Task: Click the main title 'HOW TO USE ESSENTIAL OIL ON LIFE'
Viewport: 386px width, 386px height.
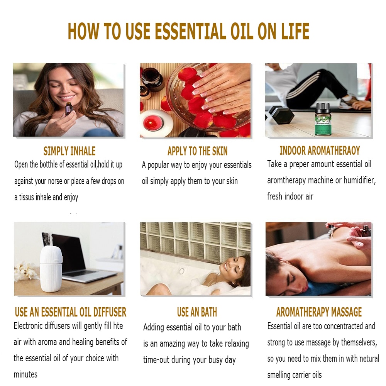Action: (188, 31)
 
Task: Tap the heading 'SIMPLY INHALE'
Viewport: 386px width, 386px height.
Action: (69, 151)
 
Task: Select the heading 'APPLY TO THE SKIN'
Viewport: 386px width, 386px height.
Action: (197, 151)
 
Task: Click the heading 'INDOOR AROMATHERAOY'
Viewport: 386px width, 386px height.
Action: (320, 150)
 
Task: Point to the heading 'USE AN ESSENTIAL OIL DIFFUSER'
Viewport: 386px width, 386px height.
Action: (71, 312)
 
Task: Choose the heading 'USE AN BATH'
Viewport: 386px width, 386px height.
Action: (197, 312)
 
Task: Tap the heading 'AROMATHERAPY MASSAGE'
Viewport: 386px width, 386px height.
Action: (319, 312)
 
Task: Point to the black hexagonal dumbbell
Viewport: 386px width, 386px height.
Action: (281, 115)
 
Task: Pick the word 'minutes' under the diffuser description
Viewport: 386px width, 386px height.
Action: (25, 374)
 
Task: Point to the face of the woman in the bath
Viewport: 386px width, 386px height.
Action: (228, 266)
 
